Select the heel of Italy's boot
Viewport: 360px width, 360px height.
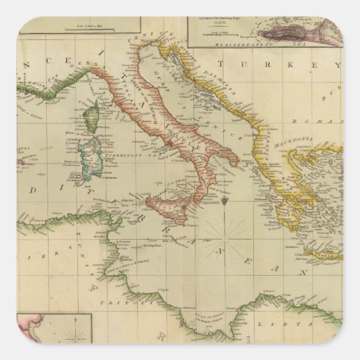coord(234,161)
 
